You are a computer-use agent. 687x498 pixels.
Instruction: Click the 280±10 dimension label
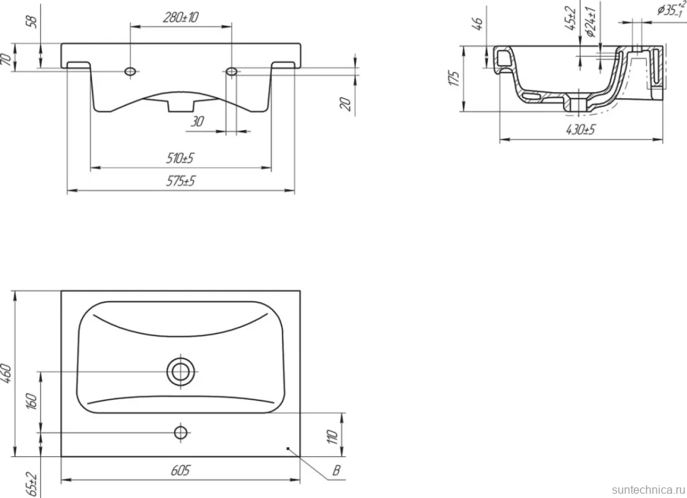tap(181, 17)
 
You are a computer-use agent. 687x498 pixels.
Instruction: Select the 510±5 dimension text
tap(180, 158)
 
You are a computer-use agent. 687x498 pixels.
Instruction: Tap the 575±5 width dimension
tap(180, 180)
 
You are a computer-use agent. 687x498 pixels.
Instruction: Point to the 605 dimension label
tap(180, 470)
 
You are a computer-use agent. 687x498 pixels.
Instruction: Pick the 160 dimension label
tap(32, 401)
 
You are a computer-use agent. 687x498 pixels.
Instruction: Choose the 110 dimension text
tap(332, 436)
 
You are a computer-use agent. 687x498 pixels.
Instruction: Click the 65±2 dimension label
tap(32, 485)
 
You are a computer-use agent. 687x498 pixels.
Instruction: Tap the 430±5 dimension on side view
tap(581, 129)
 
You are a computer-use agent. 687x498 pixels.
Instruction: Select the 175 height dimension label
tap(455, 78)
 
